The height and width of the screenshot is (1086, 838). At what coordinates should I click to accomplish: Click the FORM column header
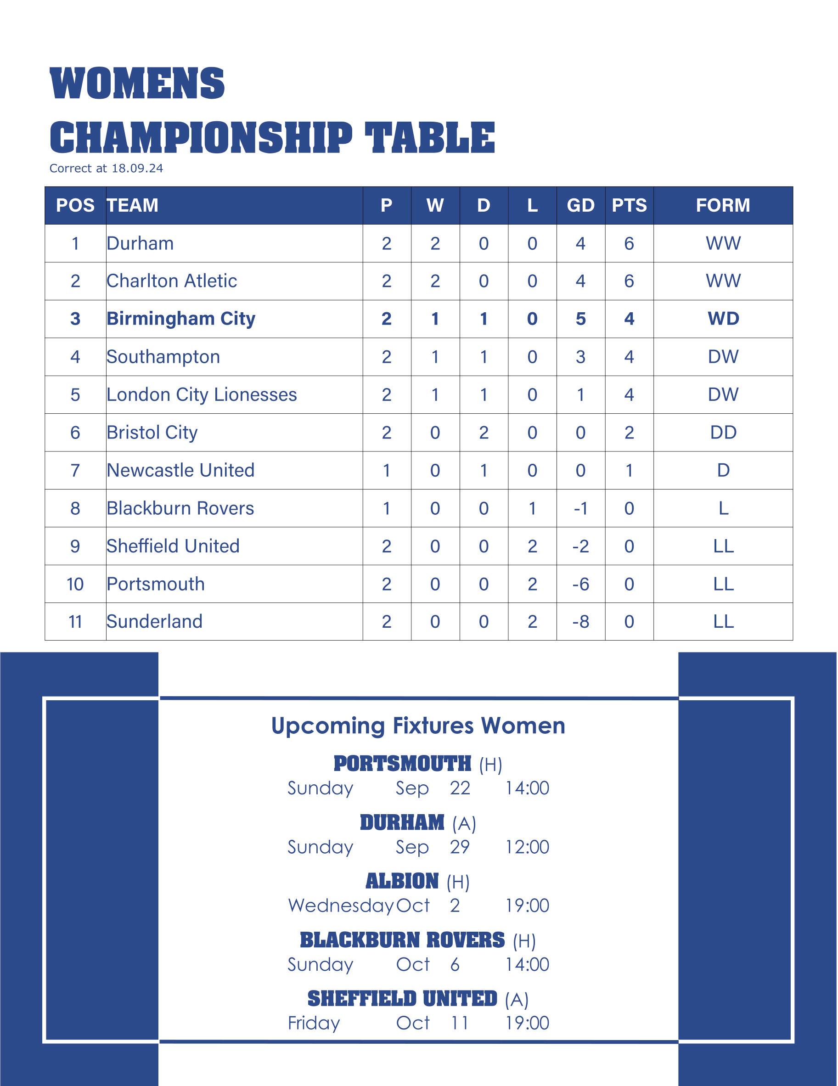[x=723, y=205]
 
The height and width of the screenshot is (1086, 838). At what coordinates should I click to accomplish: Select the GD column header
[x=580, y=205]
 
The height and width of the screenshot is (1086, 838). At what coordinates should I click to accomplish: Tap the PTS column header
[x=629, y=205]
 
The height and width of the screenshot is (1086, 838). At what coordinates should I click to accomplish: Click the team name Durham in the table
[x=140, y=244]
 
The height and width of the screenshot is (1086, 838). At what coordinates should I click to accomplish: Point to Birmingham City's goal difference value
[x=580, y=319]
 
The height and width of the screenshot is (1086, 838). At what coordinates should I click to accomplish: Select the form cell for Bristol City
[x=723, y=433]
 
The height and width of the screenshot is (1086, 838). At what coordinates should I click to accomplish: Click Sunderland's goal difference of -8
[x=580, y=622]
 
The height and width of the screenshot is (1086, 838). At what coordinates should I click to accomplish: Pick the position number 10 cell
[x=75, y=584]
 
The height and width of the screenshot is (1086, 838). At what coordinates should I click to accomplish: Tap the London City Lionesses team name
[x=202, y=395]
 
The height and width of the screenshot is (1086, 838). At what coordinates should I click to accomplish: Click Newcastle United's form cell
[x=723, y=470]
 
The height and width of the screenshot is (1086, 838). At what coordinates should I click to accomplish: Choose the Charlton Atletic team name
[x=172, y=281]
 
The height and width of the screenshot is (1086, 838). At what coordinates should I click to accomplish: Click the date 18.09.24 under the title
[x=137, y=169]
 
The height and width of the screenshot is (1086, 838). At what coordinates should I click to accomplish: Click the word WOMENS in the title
[x=137, y=83]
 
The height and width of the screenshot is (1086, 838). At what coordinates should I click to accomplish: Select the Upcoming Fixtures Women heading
[x=418, y=726]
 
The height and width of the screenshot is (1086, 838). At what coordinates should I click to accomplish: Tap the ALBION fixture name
[x=402, y=882]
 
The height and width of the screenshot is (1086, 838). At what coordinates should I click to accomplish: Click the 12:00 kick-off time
[x=527, y=847]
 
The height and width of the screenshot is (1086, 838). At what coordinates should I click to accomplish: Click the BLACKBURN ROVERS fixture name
[x=402, y=940]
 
